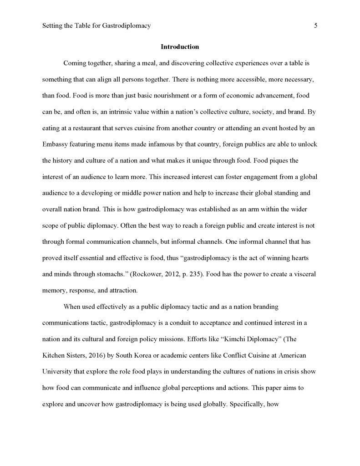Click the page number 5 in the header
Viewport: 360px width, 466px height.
click(x=315, y=26)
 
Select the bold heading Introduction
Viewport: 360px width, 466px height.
click(x=180, y=47)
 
